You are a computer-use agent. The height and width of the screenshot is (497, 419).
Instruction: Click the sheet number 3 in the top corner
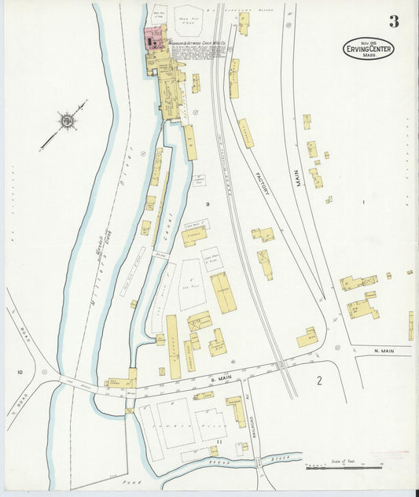pos(393,21)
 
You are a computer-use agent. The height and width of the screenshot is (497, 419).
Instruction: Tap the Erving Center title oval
pos(368,49)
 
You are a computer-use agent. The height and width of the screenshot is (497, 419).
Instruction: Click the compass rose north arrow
pos(66,121)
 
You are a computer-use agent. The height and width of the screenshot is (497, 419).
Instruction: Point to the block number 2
pos(319,381)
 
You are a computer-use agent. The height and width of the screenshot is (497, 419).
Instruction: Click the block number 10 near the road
pos(20,371)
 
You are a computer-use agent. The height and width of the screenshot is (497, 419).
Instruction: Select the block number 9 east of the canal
pos(208,204)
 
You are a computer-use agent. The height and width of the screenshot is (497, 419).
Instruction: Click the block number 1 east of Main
pos(363,203)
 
